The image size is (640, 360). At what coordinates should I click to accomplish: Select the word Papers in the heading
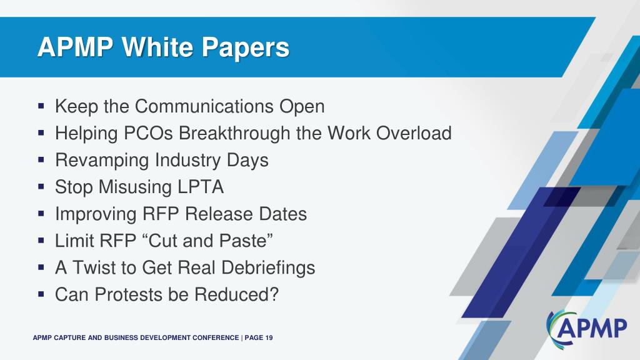[x=246, y=48]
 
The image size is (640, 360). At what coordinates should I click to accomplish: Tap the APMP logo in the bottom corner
[x=586, y=327]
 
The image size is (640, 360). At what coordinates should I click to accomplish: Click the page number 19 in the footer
[x=269, y=338]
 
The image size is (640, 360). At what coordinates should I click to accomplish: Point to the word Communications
[x=204, y=106]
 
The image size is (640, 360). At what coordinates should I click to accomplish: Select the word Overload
[x=414, y=133]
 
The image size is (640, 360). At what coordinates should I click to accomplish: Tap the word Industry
[x=187, y=161]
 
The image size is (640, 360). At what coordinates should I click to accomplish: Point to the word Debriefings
[x=268, y=268]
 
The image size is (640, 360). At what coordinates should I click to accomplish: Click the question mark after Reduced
[x=274, y=295]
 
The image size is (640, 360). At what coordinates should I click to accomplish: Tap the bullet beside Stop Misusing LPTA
[x=41, y=187]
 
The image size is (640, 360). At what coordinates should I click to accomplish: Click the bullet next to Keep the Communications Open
[x=41, y=106]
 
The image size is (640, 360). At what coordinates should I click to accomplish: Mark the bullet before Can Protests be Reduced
[x=41, y=294]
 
